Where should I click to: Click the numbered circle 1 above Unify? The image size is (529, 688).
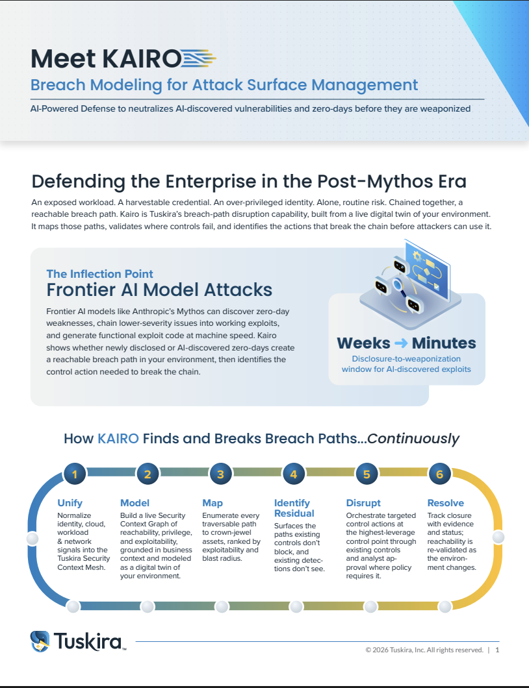click(75, 474)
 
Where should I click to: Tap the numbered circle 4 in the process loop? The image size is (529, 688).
click(294, 474)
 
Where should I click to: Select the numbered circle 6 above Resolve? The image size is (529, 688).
click(439, 474)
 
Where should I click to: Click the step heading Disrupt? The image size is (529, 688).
click(363, 503)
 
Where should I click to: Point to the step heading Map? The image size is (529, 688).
click(213, 503)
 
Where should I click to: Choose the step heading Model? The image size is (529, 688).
click(135, 503)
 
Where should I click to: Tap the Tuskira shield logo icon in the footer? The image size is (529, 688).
click(40, 641)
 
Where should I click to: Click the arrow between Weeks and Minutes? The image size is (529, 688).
click(401, 343)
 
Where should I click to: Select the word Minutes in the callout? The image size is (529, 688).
click(444, 343)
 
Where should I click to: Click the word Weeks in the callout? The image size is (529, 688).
click(363, 343)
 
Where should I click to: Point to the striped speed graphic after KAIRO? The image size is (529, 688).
click(199, 58)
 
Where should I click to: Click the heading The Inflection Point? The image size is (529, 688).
click(99, 274)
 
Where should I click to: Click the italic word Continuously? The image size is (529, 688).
click(413, 438)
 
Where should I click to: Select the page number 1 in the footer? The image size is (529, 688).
click(497, 650)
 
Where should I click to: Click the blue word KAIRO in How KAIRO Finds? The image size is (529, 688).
click(118, 438)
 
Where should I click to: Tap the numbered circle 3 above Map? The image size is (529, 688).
click(220, 474)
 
